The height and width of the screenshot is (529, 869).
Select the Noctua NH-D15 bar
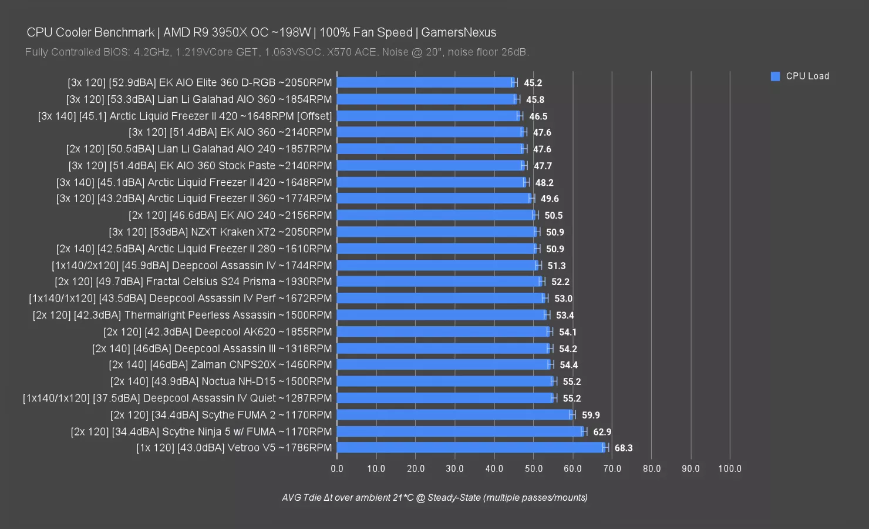tap(445, 381)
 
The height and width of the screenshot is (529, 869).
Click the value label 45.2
tap(533, 83)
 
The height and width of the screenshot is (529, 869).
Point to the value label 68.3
tap(624, 448)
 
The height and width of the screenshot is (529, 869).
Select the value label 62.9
tap(602, 432)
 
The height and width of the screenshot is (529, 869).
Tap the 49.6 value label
tap(550, 199)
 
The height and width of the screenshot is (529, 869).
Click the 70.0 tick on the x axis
tap(612, 468)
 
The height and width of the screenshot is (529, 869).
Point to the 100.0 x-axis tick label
tap(730, 468)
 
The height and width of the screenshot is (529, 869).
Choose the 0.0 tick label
tap(337, 468)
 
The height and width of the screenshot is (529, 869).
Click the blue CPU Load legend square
tap(775, 76)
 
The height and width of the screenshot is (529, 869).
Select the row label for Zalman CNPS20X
tap(220, 364)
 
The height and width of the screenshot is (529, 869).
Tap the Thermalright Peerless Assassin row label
tap(182, 315)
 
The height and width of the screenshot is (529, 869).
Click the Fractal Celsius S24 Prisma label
tap(193, 282)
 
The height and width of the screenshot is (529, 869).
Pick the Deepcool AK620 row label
tap(217, 332)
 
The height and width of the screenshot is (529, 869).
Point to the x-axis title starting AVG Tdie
tap(435, 497)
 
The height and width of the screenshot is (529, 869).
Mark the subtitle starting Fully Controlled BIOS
tap(277, 52)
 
